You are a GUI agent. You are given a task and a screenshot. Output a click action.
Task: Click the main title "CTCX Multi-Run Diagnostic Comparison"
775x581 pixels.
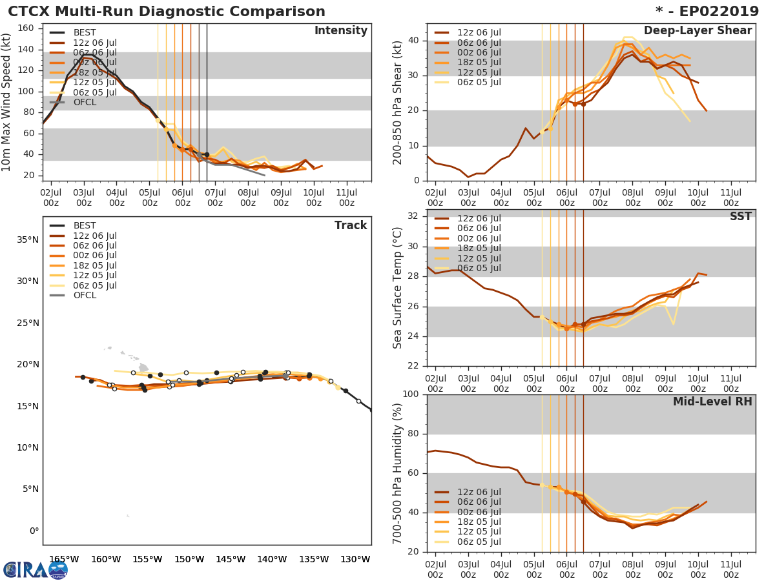(167, 12)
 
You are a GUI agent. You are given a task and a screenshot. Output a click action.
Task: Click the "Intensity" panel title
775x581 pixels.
(340, 31)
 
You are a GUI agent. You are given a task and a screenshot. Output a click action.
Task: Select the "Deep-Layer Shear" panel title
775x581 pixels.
(697, 31)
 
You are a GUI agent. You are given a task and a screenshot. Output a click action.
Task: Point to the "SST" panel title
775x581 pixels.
(740, 217)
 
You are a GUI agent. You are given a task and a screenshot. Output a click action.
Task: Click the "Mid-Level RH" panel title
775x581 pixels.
(712, 402)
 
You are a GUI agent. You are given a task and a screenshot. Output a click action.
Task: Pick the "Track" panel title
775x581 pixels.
(350, 225)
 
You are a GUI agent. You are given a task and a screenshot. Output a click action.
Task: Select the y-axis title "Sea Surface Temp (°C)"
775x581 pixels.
(398, 288)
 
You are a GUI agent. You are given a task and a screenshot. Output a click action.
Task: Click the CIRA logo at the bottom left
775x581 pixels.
(36, 569)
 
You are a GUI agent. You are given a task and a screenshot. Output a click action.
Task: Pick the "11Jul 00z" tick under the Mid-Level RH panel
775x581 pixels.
(730, 564)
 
